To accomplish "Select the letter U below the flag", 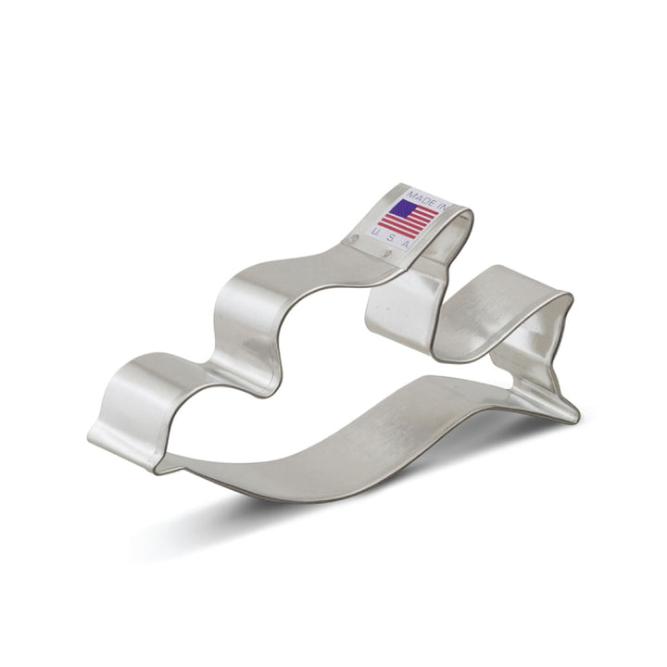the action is click(375, 230).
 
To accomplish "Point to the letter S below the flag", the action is click(390, 237).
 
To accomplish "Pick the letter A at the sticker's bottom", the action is click(405, 244).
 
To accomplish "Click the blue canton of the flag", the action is click(404, 208).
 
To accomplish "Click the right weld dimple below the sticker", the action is click(387, 255).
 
